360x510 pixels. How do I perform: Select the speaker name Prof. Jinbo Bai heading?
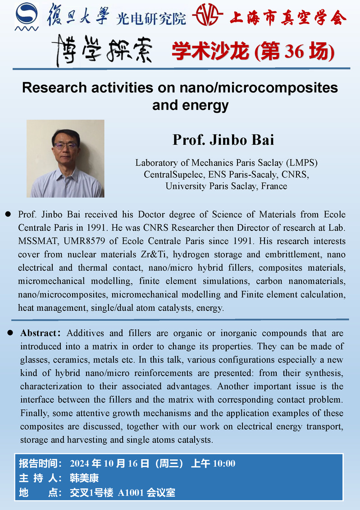pyautogui.click(x=223, y=140)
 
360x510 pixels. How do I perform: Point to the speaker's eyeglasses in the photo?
pyautogui.click(x=66, y=146)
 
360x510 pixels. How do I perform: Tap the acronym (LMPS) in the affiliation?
pyautogui.click(x=304, y=163)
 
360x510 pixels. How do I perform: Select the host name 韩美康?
pyautogui.click(x=84, y=478)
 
